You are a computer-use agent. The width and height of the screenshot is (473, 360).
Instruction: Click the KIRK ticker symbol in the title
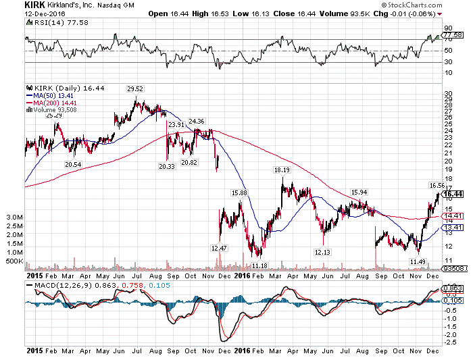[34, 5]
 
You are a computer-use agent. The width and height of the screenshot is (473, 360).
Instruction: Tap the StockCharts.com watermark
[412, 5]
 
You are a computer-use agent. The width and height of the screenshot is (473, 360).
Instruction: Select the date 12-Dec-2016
[45, 14]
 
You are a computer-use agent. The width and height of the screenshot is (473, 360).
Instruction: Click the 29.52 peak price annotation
[135, 89]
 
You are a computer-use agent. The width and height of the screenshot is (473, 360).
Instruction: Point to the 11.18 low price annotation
[259, 265]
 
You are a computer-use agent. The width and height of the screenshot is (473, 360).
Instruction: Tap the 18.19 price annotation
[282, 170]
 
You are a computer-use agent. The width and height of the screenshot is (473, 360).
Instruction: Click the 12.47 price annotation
[219, 248]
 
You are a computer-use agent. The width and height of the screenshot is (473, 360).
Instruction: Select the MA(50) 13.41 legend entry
[50, 96]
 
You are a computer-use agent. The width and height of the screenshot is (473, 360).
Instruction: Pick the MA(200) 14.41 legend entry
[51, 103]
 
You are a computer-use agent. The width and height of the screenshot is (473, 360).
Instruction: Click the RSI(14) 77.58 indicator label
[57, 22]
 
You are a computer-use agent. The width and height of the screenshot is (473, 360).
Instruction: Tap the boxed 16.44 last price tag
[453, 194]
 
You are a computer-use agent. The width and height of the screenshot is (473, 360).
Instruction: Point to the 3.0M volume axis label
[14, 217]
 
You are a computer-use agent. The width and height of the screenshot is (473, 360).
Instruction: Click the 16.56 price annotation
[437, 186]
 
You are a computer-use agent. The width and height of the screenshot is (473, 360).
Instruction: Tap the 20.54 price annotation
[73, 165]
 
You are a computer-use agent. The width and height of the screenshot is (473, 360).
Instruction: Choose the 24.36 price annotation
[197, 121]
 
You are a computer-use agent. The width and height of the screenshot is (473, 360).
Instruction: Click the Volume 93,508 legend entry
[51, 110]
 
